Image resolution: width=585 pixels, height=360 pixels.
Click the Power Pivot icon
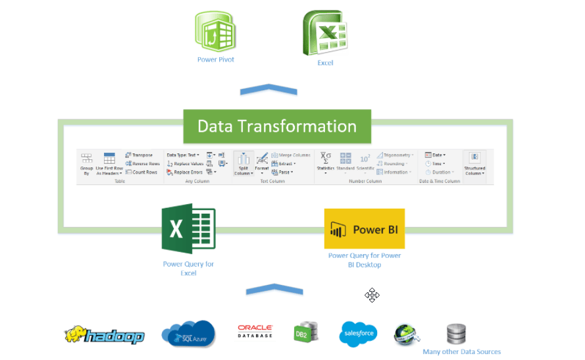tap(215, 33)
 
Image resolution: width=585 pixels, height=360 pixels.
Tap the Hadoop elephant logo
tap(104, 335)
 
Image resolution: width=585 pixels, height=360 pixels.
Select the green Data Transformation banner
tap(277, 126)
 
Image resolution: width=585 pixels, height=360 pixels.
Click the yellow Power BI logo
tap(364, 229)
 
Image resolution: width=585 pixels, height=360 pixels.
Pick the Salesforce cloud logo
tap(358, 334)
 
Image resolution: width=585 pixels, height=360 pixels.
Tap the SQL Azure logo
tap(188, 334)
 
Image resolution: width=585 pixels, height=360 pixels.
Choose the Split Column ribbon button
tap(243, 163)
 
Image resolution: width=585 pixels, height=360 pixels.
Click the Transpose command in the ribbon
tap(139, 155)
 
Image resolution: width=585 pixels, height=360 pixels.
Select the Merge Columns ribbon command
tap(290, 155)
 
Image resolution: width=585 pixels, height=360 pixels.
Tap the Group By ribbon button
tap(86, 163)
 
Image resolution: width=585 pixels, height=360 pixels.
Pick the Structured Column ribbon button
tap(474, 163)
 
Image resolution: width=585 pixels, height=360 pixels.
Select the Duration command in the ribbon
tap(439, 172)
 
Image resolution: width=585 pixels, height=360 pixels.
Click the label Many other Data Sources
tap(461, 351)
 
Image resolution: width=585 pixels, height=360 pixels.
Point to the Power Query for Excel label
tap(188, 268)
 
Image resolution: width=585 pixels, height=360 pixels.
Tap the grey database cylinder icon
tap(455, 334)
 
